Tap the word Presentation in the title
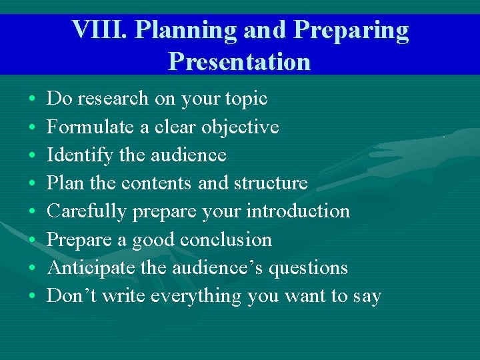click(x=239, y=61)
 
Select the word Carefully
click(x=87, y=211)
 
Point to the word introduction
click(x=298, y=211)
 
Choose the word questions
click(x=312, y=268)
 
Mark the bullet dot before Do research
click(x=33, y=99)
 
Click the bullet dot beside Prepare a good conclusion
click(x=33, y=240)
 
